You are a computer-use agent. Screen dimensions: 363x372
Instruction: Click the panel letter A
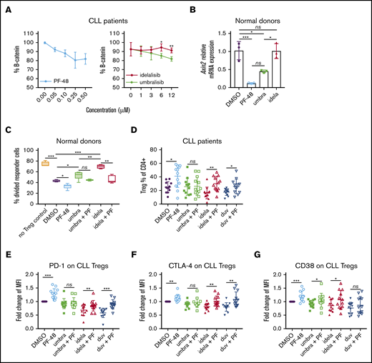6,7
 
